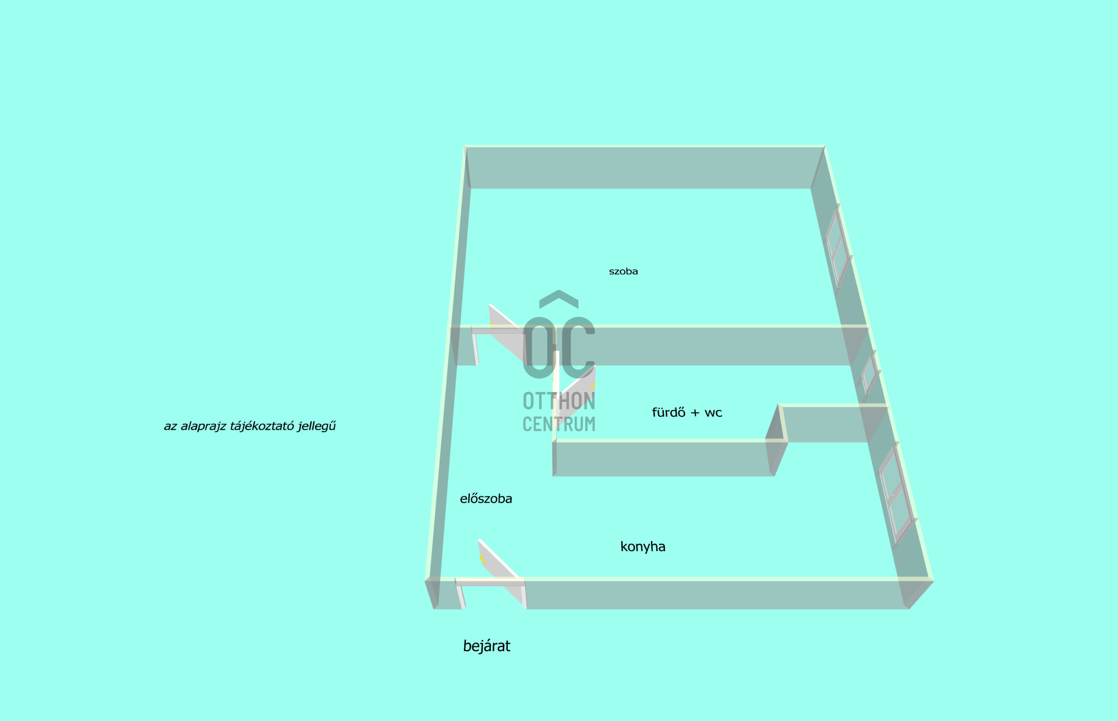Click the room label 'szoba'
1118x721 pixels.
pyautogui.click(x=623, y=271)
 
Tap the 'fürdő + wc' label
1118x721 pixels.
pyautogui.click(x=687, y=412)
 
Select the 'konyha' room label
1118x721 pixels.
pyautogui.click(x=643, y=546)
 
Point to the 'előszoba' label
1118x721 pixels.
pyautogui.click(x=486, y=499)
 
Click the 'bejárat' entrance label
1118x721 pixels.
pyautogui.click(x=487, y=646)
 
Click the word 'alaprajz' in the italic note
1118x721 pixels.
pyautogui.click(x=203, y=426)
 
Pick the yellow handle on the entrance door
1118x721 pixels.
pyautogui.click(x=482, y=560)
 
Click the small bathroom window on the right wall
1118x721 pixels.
pyautogui.click(x=870, y=373)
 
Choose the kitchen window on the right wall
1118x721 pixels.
pyautogui.click(x=897, y=494)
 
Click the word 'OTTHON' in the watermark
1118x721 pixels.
pyautogui.click(x=559, y=401)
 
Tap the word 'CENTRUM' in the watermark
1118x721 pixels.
pyautogui.click(x=559, y=424)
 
